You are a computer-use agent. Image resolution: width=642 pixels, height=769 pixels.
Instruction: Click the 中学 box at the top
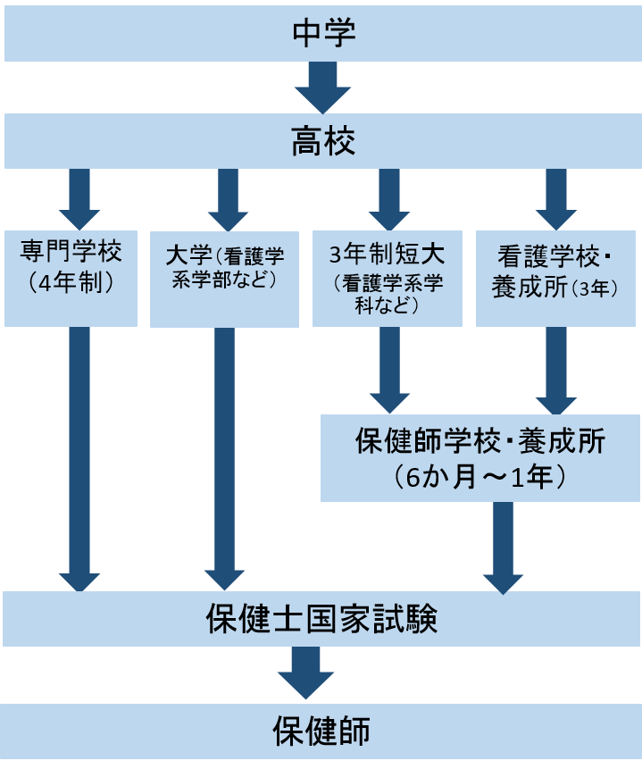coord(321,33)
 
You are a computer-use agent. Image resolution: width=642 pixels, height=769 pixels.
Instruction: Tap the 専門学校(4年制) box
coord(71,278)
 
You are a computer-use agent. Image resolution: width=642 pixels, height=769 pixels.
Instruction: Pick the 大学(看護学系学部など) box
coord(224,278)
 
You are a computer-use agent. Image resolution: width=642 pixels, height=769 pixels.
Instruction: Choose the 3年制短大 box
coord(387,278)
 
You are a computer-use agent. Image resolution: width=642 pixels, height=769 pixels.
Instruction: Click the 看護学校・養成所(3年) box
coord(556,278)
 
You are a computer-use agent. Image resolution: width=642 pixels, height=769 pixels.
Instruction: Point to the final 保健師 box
coord(321,732)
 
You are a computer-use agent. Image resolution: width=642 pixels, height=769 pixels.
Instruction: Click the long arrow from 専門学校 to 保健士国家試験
coord(79,456)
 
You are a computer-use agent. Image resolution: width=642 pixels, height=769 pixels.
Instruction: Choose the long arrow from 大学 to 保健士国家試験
coord(226,456)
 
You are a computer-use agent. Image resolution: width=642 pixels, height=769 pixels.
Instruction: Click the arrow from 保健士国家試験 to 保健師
coord(305,671)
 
